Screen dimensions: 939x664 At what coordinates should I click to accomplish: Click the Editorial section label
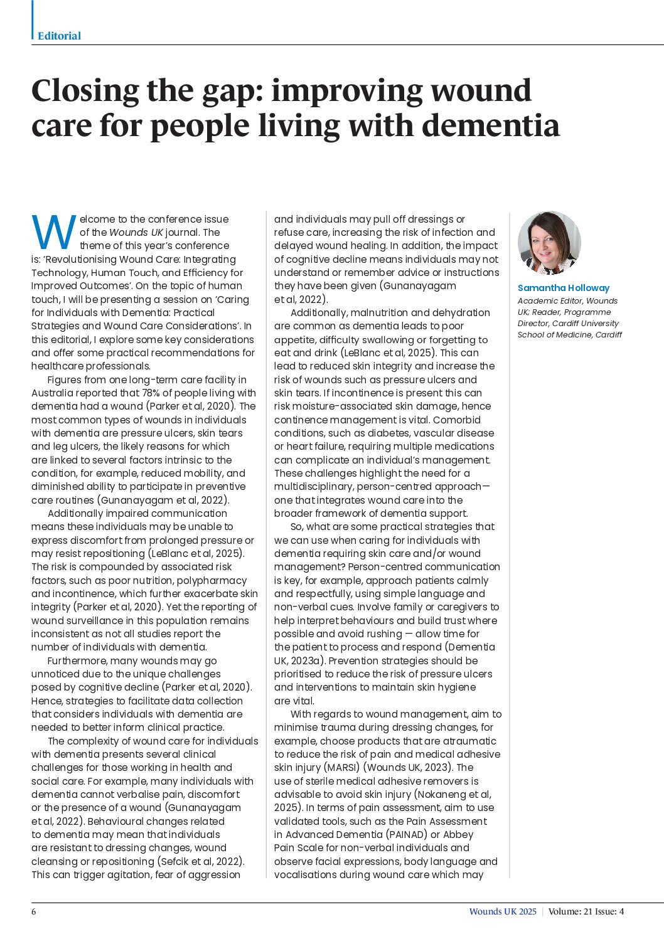pos(59,36)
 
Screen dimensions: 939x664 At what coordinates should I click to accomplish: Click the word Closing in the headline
pos(85,91)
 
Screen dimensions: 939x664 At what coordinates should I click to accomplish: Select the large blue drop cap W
pos(53,232)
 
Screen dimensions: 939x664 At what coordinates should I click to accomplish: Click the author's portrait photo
pos(549,243)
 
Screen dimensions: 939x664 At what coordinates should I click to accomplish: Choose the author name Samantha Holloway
pos(563,288)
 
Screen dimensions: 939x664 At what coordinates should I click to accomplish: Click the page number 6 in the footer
pos(34,911)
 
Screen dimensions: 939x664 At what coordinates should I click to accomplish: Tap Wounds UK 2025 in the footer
pos(503,911)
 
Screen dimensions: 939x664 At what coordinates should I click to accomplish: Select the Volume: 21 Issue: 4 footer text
pos(586,911)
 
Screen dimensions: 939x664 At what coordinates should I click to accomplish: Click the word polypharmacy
pos(213,581)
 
